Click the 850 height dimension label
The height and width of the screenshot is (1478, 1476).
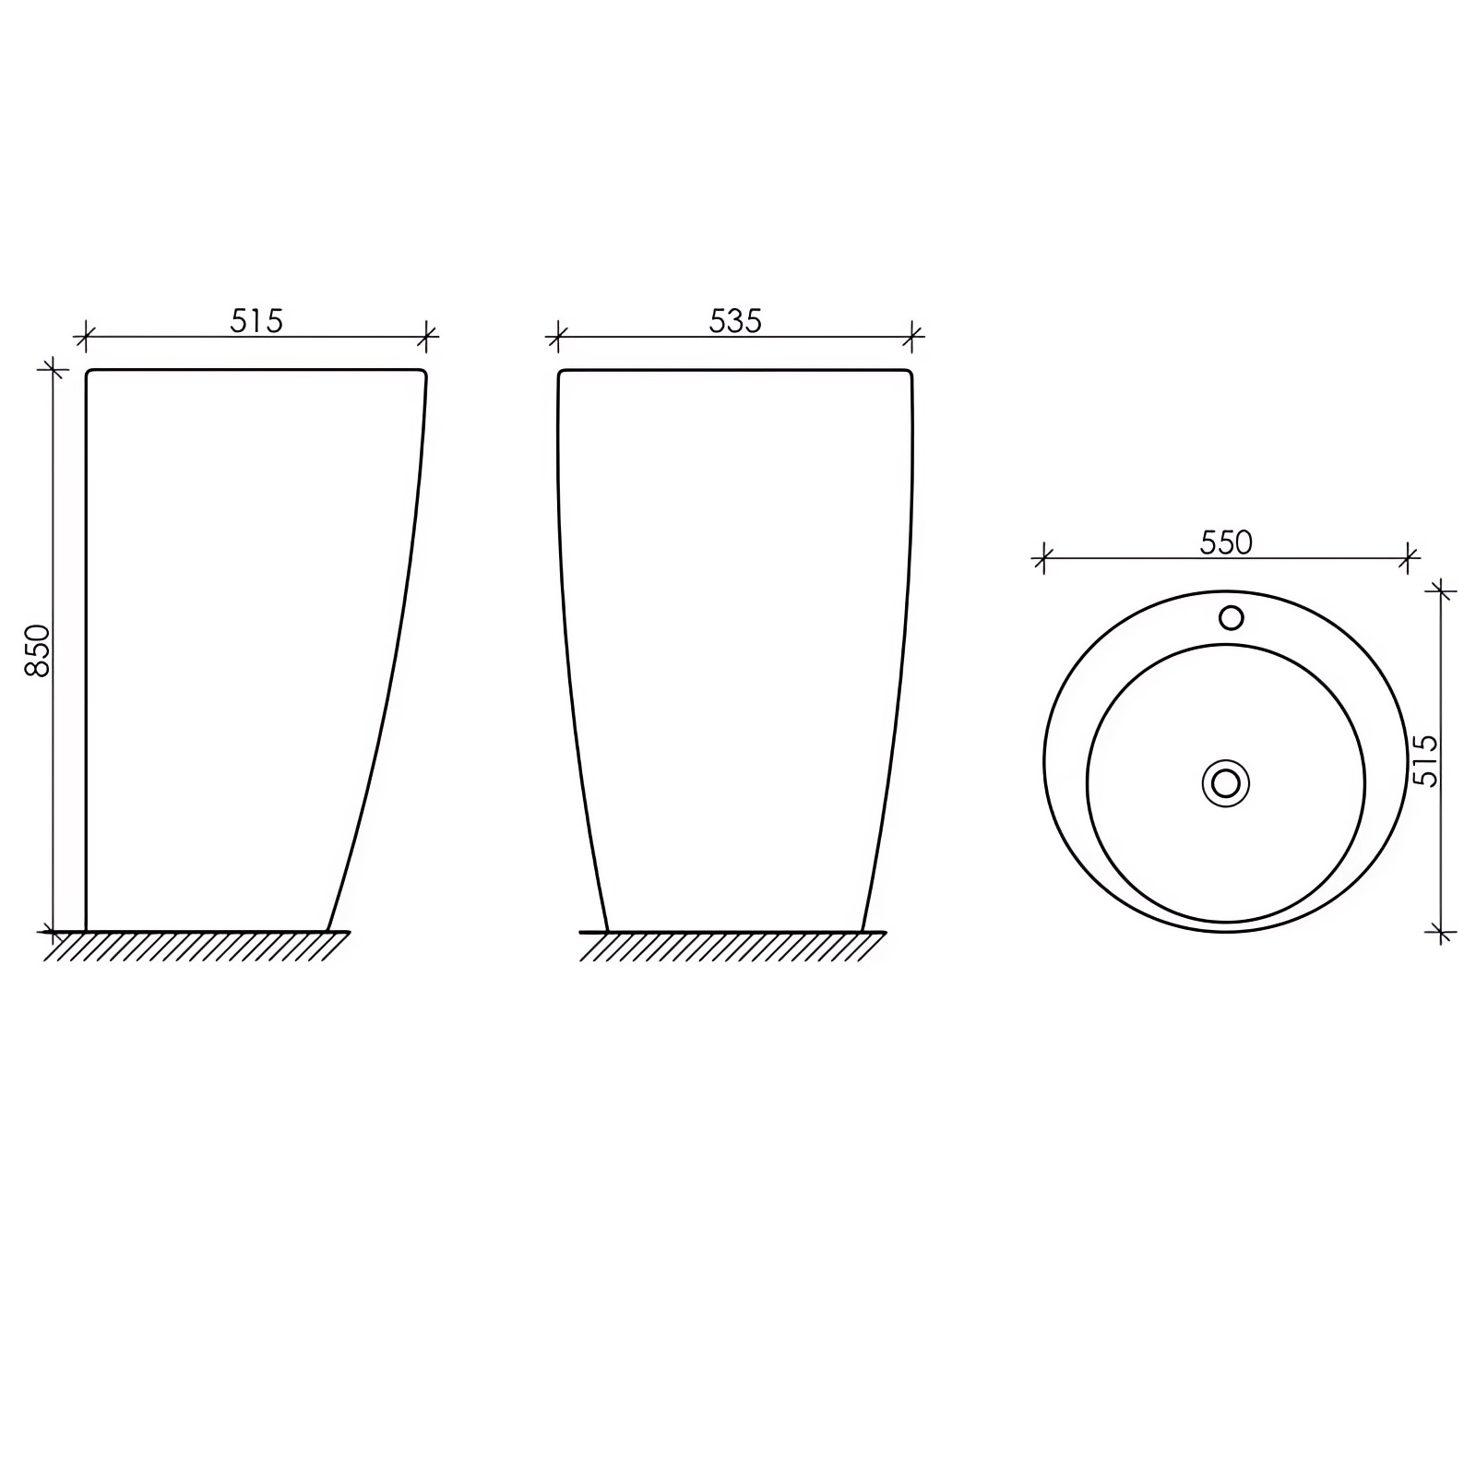point(38,650)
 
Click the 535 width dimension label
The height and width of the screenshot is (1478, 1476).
point(735,320)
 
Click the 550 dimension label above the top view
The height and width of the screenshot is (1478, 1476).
point(1226,542)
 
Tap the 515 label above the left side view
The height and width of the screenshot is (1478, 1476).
point(256,320)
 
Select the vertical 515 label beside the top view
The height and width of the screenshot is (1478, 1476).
point(1425,760)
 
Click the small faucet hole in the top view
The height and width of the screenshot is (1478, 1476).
point(1231,617)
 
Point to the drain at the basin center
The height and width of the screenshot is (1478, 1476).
point(1226,783)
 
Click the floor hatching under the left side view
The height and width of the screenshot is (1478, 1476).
point(196,946)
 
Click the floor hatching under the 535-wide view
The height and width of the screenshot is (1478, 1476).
point(732,946)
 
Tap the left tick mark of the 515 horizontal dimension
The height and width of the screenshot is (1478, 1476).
point(85,337)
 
